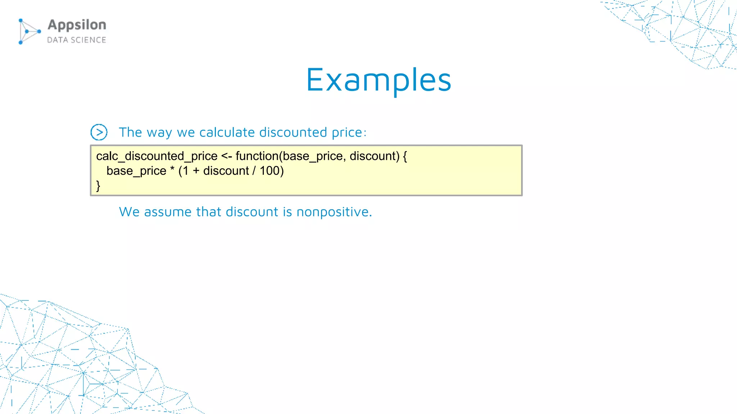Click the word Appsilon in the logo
pos(77,25)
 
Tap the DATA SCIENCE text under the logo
pos(77,40)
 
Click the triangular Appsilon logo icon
pos(29,32)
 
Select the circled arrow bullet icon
pos(99,132)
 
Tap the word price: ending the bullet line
pos(349,133)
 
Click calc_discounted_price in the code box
pos(157,156)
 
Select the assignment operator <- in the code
pos(226,156)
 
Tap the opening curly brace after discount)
pos(405,156)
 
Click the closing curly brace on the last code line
pos(98,185)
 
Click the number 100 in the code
pos(270,171)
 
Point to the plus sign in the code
pos(196,171)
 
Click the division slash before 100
pos(254,171)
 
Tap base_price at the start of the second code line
pos(136,171)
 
